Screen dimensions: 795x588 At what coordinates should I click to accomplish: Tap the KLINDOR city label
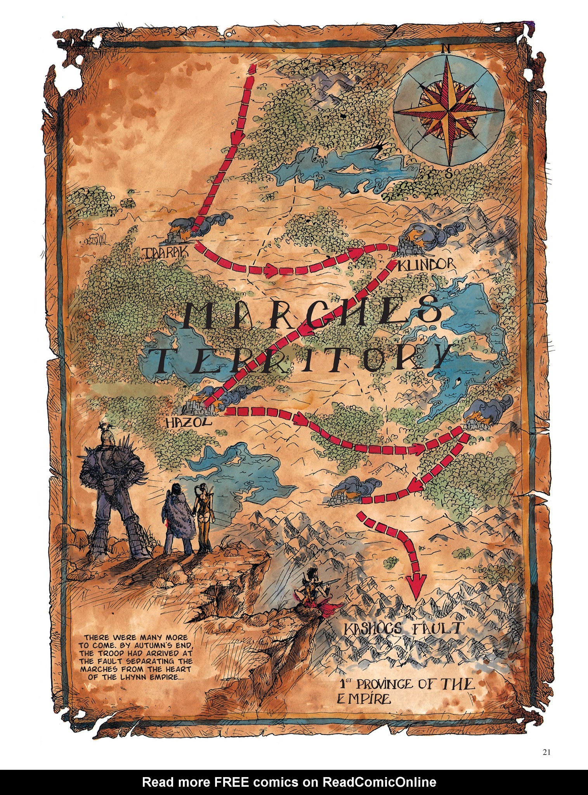coord(426,264)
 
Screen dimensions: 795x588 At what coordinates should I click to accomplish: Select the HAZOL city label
coord(188,422)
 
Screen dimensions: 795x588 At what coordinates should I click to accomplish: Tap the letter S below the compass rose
coord(448,174)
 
